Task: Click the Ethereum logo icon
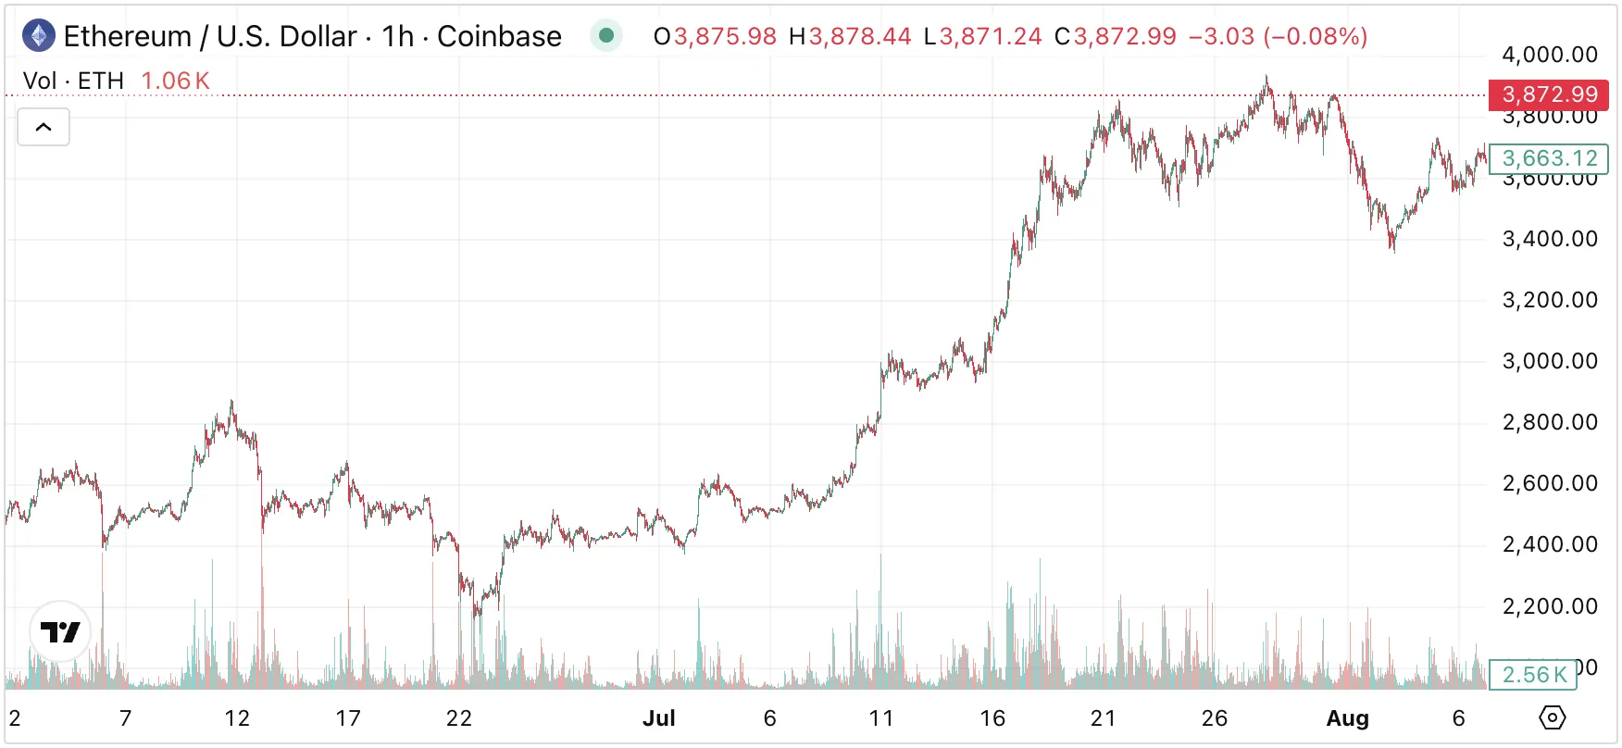(38, 36)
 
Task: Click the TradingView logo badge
(60, 632)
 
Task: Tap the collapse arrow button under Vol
(44, 128)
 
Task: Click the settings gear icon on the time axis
(1552, 717)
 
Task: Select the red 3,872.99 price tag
(1548, 94)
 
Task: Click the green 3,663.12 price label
(1548, 158)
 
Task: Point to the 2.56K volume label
(1533, 675)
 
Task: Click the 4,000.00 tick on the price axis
(1549, 55)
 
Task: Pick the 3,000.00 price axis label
(1549, 361)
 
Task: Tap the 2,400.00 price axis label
(1549, 544)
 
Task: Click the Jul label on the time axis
(658, 718)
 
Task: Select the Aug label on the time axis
(1347, 718)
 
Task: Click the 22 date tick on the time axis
(459, 718)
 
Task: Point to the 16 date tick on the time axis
(992, 718)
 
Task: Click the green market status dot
(606, 36)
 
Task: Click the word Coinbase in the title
(499, 36)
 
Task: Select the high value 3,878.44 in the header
(859, 36)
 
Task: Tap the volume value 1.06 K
(175, 81)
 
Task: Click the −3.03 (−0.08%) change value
(1278, 36)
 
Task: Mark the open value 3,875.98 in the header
(725, 36)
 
